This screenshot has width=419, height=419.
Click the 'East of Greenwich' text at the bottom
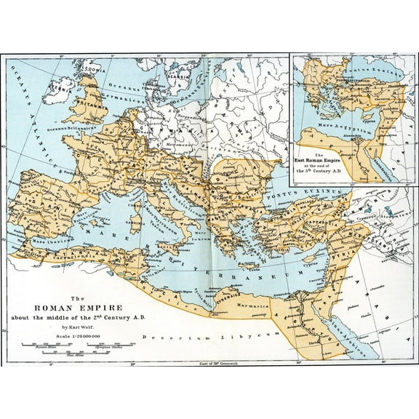(218, 363)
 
